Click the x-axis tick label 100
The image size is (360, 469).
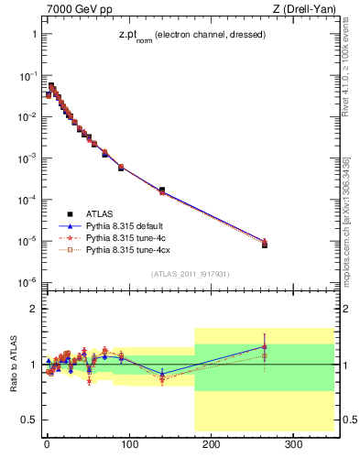click(129, 444)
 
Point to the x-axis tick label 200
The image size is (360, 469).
click(212, 444)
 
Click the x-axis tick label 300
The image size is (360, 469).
click(294, 444)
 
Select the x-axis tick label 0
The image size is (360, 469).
click(47, 444)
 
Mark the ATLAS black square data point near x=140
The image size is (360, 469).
click(162, 190)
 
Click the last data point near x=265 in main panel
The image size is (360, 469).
click(265, 245)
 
